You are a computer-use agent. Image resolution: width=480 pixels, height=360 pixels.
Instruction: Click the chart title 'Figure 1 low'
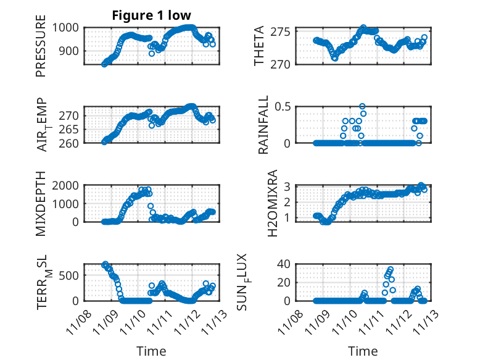point(151,15)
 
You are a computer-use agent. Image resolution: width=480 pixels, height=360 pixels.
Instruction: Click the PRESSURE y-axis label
point(41,50)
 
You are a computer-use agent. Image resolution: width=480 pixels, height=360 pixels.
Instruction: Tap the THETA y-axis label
point(260,46)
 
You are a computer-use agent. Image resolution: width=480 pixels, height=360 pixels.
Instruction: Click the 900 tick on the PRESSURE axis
point(70,52)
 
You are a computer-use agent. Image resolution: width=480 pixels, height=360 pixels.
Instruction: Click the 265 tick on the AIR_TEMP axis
point(70,129)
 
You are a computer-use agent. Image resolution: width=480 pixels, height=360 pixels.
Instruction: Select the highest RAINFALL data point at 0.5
point(362,106)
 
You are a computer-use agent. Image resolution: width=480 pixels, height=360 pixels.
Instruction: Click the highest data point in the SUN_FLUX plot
point(391,270)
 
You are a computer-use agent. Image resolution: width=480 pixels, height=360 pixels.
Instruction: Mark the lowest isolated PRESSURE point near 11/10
point(152,54)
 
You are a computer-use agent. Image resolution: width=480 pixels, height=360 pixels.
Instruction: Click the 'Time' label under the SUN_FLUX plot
point(363,351)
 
